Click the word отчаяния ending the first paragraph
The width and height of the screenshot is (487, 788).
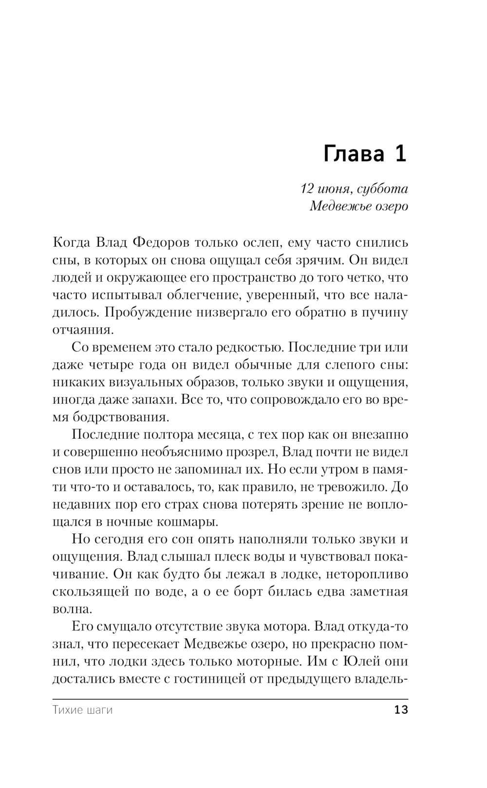coord(82,330)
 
